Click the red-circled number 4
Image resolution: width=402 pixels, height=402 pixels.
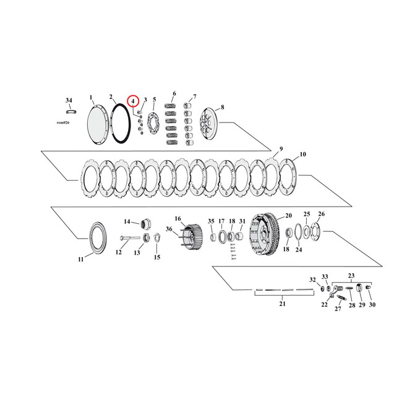click(132, 100)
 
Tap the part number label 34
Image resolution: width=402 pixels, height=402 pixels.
click(69, 100)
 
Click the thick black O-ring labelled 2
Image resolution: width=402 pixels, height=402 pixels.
click(120, 123)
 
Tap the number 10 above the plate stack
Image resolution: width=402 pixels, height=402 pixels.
click(302, 154)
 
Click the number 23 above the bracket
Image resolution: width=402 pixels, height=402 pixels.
click(351, 276)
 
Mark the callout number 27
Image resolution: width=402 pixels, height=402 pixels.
click(338, 309)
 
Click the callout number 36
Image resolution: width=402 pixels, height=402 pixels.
click(168, 229)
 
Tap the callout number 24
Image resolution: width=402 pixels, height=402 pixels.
click(299, 250)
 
